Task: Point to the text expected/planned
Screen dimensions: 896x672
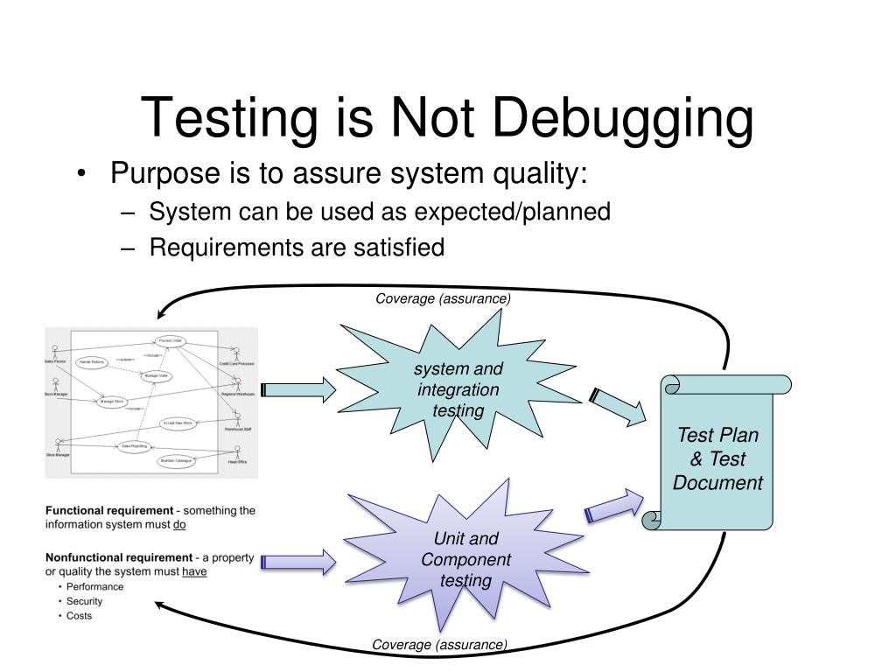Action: (x=512, y=212)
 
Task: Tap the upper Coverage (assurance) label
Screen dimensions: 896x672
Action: (x=443, y=299)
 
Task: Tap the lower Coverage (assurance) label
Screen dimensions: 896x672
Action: (x=439, y=645)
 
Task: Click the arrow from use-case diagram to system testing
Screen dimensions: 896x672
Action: (x=298, y=390)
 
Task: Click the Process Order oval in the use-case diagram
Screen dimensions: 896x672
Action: (x=170, y=340)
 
